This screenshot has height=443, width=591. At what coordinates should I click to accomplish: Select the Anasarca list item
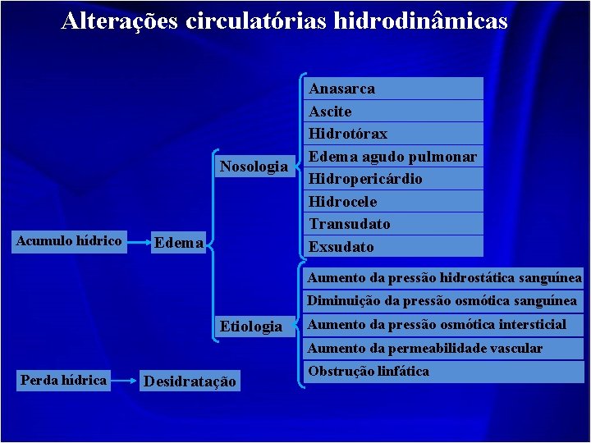[342, 89]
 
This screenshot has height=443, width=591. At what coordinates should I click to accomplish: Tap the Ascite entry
[330, 112]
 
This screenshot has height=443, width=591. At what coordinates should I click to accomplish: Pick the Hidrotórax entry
[348, 134]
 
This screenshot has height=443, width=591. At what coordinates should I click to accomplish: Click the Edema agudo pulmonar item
[392, 156]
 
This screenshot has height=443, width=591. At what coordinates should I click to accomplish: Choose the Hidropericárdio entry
[365, 179]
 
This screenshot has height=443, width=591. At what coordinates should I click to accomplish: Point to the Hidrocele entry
[343, 201]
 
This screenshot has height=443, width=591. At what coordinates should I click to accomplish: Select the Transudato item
[350, 224]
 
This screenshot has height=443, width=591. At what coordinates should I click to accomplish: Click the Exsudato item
[341, 247]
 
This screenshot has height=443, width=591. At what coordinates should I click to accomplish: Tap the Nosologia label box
[254, 167]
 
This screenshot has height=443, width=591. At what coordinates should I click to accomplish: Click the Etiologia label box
[251, 327]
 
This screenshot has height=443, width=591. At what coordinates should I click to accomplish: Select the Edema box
[179, 242]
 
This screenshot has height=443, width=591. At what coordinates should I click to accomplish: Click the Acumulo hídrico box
[71, 240]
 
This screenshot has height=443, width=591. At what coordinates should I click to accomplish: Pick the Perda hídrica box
[63, 381]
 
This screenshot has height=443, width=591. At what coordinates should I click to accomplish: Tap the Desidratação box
[190, 381]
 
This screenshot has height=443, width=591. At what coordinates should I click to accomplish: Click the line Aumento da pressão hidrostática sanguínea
[444, 278]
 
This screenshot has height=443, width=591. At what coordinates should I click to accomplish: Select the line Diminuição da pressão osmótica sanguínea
[442, 301]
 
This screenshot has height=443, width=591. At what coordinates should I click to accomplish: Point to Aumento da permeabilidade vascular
[425, 348]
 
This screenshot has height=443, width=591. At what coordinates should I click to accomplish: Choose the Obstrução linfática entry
[369, 372]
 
